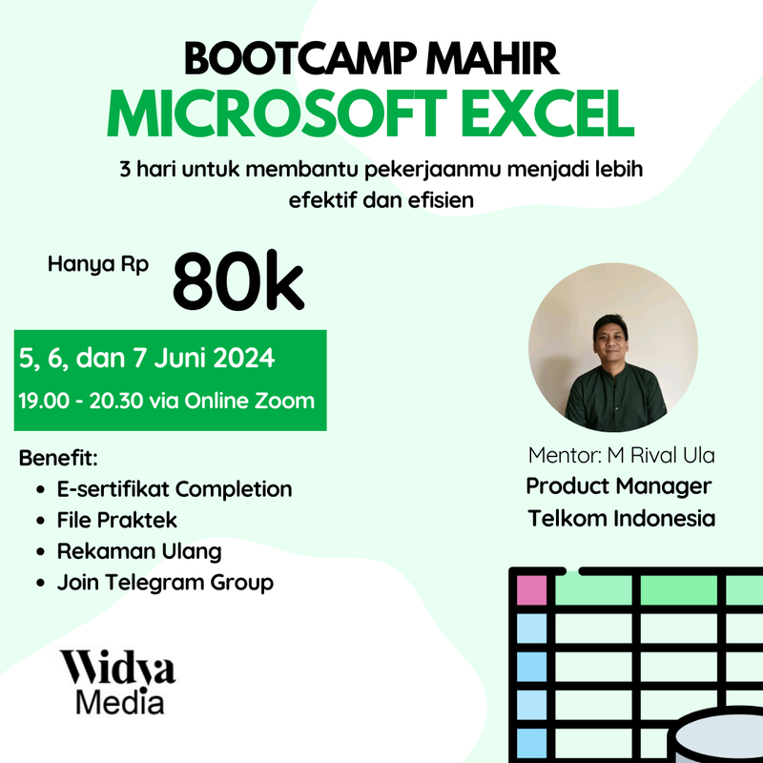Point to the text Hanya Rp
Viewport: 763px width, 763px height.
(x=98, y=265)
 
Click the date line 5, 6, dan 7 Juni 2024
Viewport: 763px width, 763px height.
(x=147, y=360)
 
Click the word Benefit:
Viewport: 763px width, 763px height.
(x=58, y=458)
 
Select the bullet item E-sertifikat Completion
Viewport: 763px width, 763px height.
(x=174, y=489)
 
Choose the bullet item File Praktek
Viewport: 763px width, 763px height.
(x=117, y=521)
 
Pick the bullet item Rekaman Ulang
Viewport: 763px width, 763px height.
(x=139, y=551)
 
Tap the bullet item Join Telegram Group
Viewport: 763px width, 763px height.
(x=165, y=582)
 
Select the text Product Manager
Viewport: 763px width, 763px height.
(x=618, y=486)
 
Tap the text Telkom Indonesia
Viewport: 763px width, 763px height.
(x=622, y=519)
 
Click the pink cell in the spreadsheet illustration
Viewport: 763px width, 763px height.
(x=530, y=589)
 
